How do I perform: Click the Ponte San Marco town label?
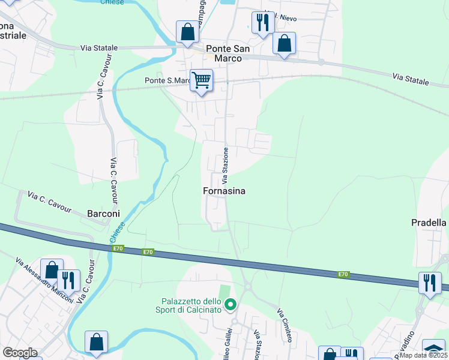point(223,53)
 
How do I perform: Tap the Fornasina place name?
point(223,191)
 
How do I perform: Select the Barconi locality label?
point(104,213)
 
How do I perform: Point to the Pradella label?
point(430,223)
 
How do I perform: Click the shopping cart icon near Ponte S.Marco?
point(202,80)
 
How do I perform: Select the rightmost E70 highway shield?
point(343,274)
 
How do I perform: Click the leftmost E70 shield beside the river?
point(117,248)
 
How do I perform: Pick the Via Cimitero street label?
point(285,326)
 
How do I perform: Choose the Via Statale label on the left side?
point(100,47)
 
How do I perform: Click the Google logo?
point(20,353)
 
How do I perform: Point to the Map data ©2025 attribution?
point(423,355)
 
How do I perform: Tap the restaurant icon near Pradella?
point(429,282)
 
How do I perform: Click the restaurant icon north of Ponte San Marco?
point(262,22)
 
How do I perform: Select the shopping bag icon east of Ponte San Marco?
point(284,43)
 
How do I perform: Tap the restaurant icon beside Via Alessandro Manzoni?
point(68,280)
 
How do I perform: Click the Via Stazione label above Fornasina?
point(226,164)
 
